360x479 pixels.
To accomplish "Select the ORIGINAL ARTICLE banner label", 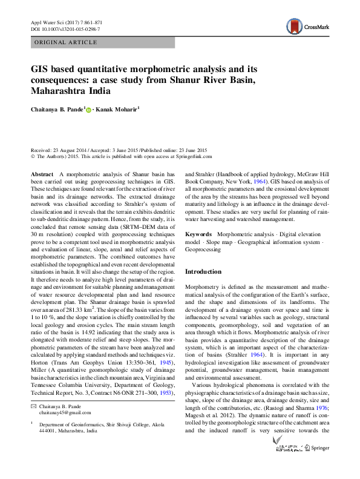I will click(x=67, y=42).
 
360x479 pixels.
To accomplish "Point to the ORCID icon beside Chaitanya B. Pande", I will click(x=89, y=110).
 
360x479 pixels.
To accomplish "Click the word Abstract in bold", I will click(x=42, y=174).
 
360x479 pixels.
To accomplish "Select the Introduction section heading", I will click(x=204, y=272).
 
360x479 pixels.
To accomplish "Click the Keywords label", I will click(x=198, y=234).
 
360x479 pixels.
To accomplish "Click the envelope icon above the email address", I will click(x=33, y=405).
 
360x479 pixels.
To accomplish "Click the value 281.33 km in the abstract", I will click(x=74, y=323).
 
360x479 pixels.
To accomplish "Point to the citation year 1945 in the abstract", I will click(x=167, y=363).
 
